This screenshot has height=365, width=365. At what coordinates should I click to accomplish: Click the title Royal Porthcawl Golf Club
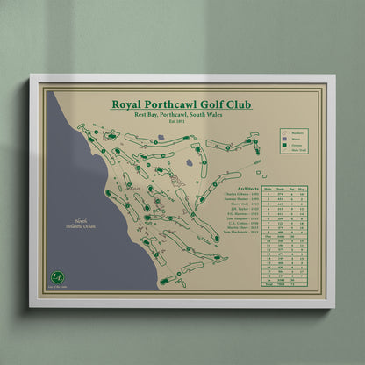[182, 104]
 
